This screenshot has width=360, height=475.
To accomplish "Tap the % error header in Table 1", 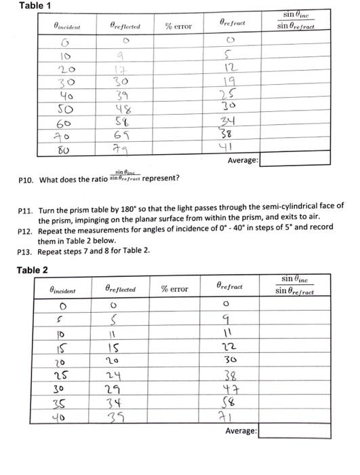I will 178,26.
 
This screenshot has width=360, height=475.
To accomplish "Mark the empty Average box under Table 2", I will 295,430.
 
